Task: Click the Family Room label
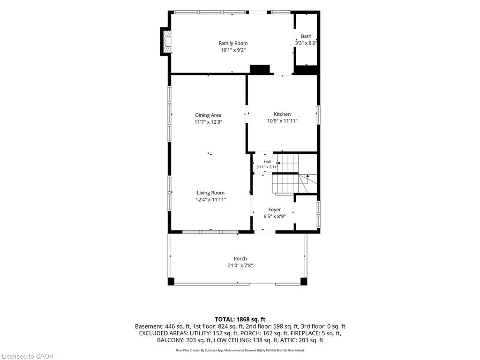tap(233, 43)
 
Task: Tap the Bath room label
tap(306, 36)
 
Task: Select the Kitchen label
tap(282, 114)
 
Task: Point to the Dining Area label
tap(208, 115)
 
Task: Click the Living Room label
tap(210, 193)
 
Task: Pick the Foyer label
tap(275, 210)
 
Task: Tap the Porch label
tap(240, 259)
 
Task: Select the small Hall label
tap(267, 162)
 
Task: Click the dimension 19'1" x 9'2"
tap(233, 50)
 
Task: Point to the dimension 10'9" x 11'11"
tap(282, 121)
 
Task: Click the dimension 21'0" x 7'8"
tap(240, 265)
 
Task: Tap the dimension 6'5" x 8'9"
tap(275, 217)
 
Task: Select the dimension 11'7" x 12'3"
tap(208, 122)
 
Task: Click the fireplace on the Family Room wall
tap(165, 42)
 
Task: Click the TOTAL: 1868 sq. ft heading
tap(240, 320)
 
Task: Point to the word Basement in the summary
tap(148, 327)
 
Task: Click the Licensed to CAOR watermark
tap(28, 356)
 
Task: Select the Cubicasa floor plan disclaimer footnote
tap(240, 350)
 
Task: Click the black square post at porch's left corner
tap(171, 282)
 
